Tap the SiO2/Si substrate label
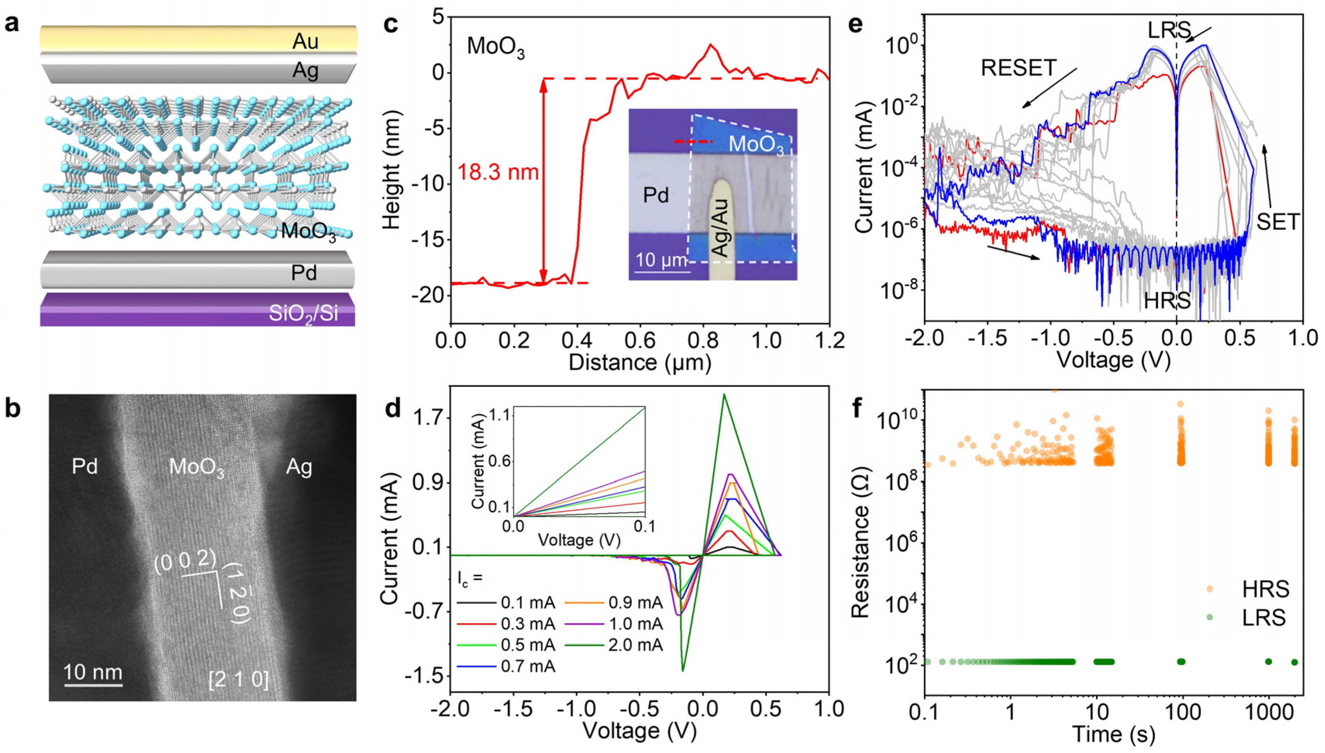[x=303, y=313]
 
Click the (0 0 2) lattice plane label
[x=185, y=561]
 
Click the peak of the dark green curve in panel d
[x=724, y=394]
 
